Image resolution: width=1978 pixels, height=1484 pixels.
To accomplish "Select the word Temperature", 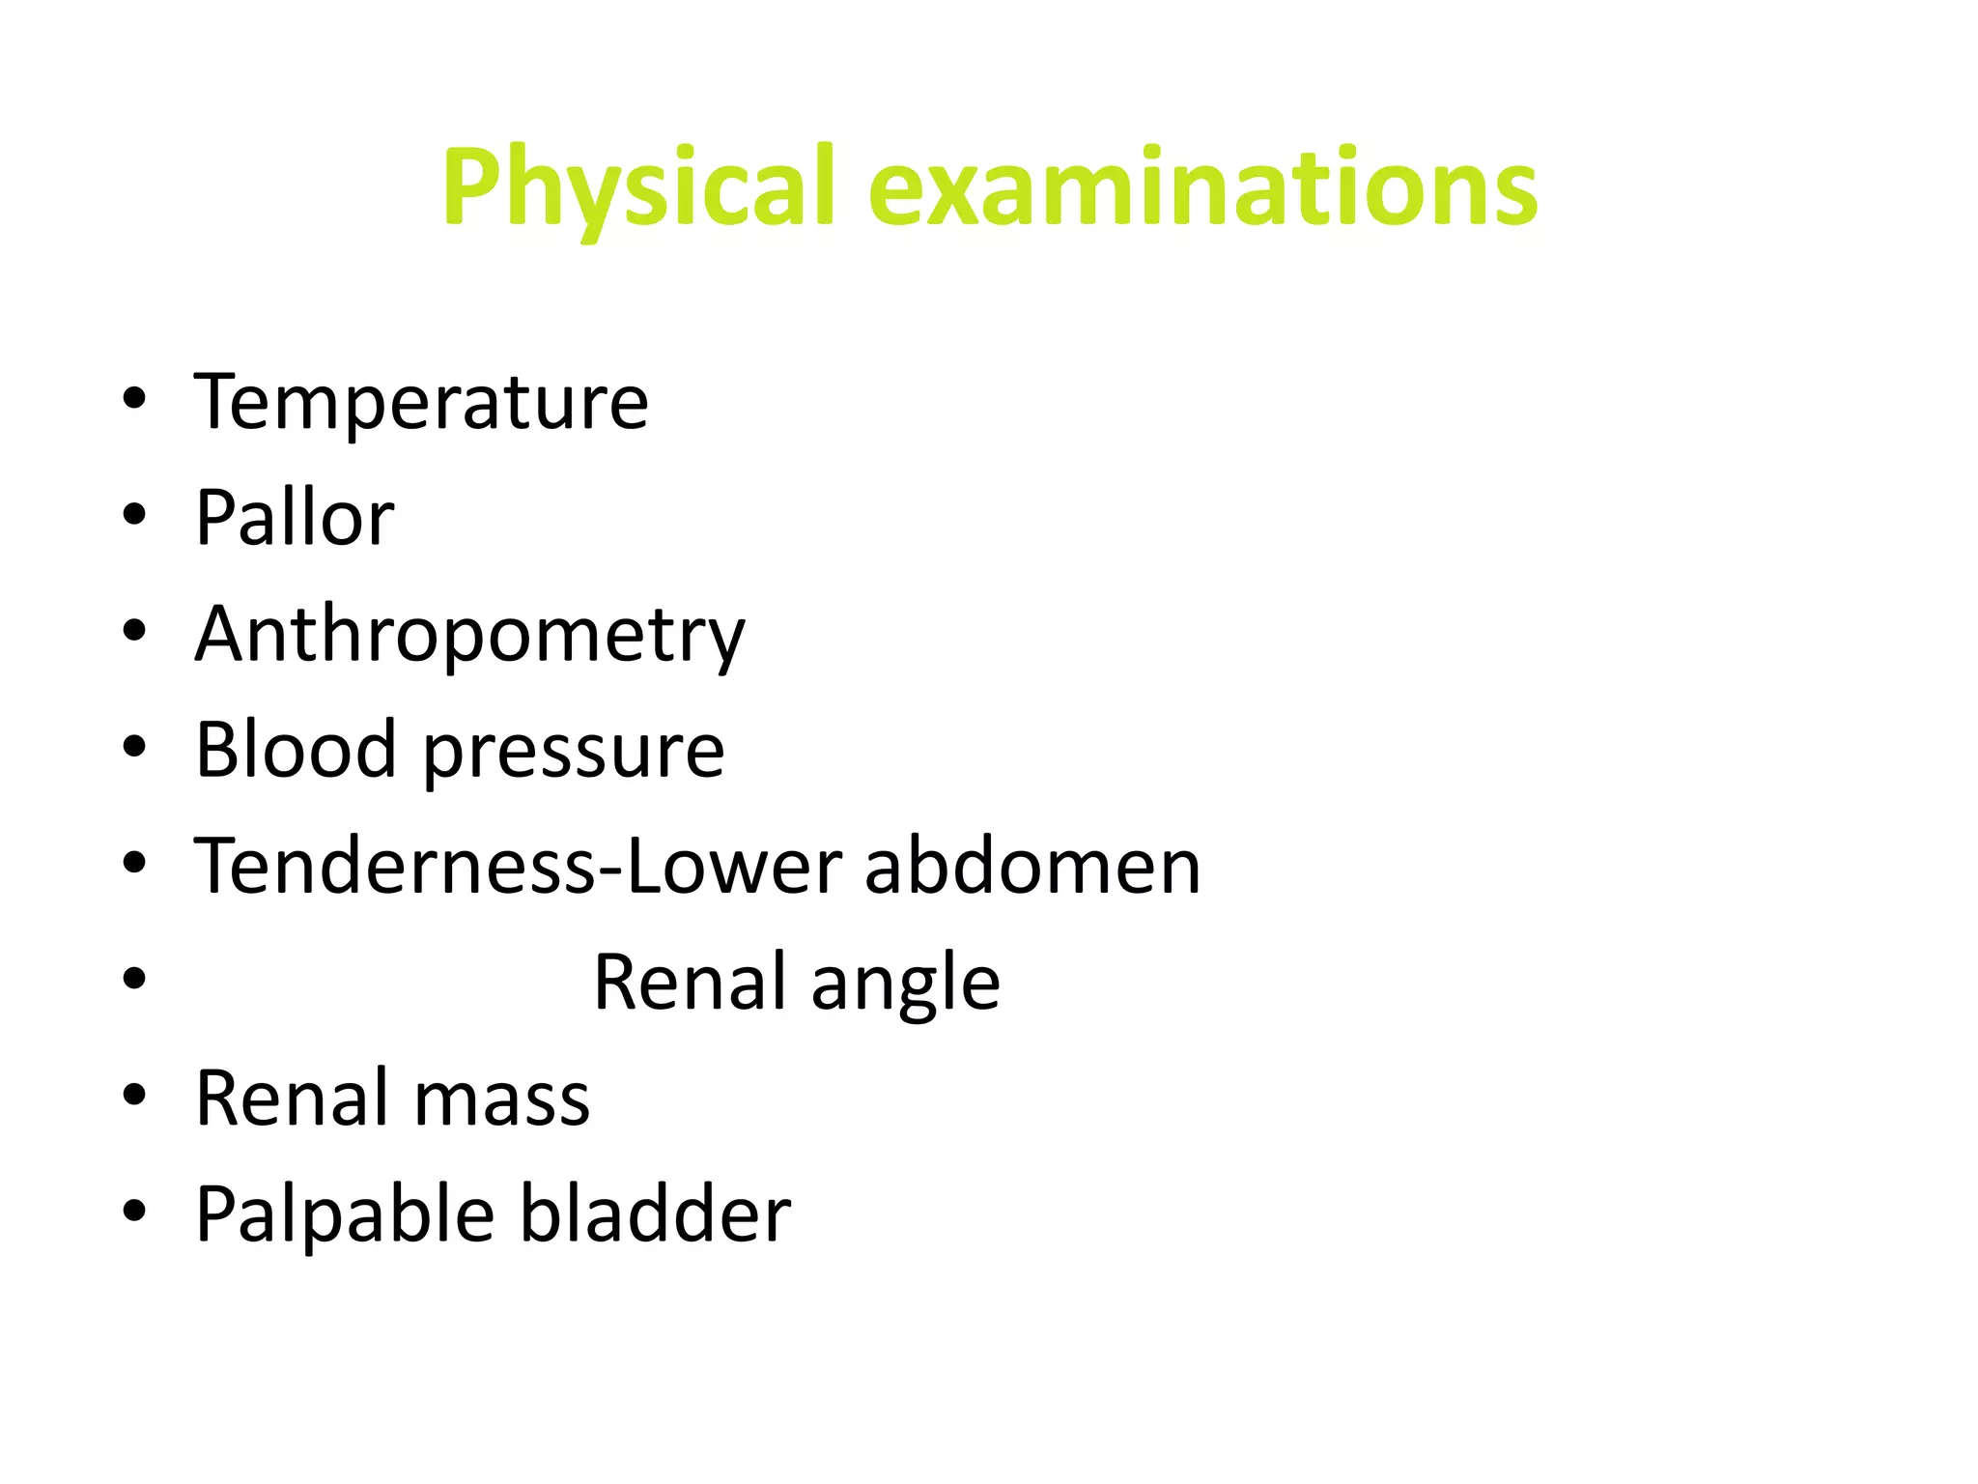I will coord(421,402).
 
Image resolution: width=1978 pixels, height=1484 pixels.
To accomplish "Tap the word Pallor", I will coord(295,518).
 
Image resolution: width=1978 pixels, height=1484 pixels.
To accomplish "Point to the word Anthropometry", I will coord(469,635).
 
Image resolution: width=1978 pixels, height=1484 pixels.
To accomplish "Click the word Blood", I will coord(296,750).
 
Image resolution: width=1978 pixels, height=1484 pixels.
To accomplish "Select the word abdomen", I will coord(1032,866).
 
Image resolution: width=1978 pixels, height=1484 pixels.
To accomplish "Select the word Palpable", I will coord(346,1214).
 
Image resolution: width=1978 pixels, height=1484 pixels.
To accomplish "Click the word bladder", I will coord(656,1213).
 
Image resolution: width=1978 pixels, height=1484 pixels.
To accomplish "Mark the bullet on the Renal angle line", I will coord(134,979).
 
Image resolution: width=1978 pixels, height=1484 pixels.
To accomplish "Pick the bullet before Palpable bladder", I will coord(134,1211).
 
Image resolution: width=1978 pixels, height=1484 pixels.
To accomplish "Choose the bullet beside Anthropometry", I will coord(134,631).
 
